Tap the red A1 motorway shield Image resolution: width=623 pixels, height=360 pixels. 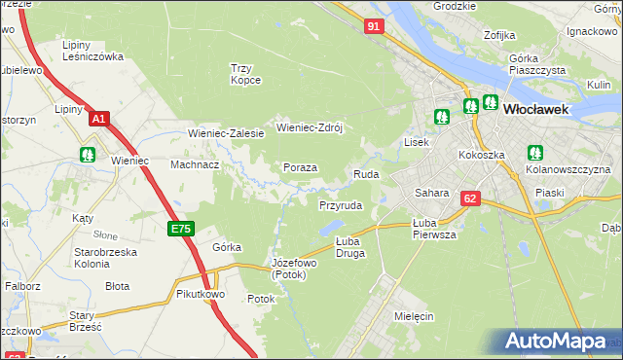point(98,119)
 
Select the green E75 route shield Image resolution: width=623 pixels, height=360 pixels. point(180,229)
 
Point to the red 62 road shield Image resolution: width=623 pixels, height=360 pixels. point(471,198)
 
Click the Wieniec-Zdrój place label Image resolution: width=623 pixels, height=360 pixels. point(311,126)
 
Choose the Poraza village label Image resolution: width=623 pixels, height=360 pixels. point(300,167)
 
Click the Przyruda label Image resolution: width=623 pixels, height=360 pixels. point(341,206)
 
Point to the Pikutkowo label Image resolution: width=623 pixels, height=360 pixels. point(202,293)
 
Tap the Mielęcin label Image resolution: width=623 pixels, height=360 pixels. point(414,317)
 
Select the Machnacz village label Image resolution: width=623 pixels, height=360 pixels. point(195,164)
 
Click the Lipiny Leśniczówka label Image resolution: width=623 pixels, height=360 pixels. point(92,51)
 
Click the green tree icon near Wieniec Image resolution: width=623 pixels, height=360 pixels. point(88,154)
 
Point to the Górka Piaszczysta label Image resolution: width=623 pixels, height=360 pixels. point(536,64)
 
